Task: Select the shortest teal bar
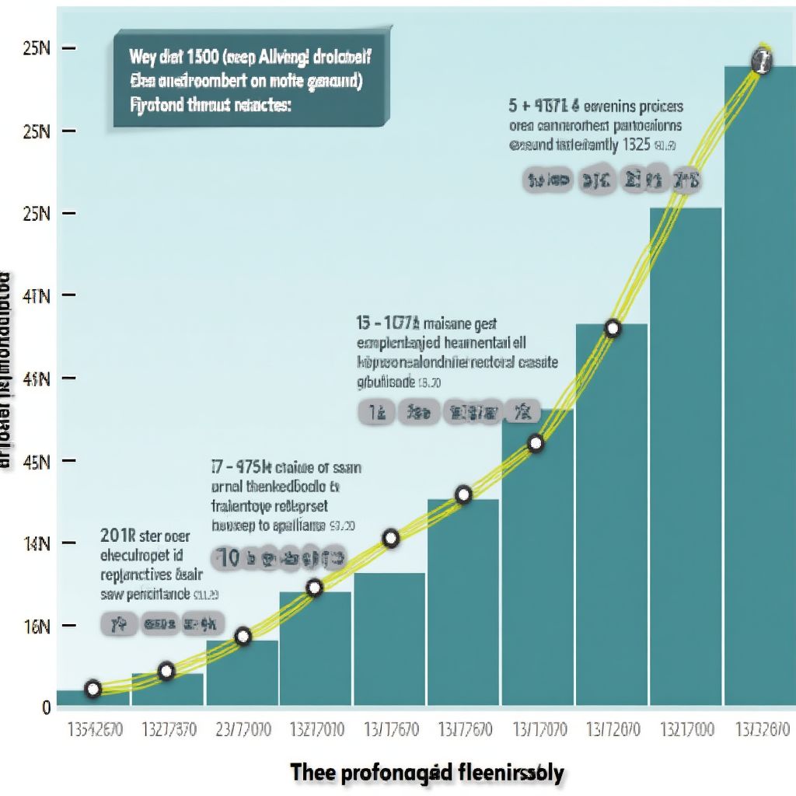[x=93, y=698]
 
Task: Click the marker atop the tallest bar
[x=763, y=62]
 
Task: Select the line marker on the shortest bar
[x=93, y=688]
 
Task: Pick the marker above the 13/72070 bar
[x=613, y=328]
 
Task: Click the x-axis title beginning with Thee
[x=427, y=773]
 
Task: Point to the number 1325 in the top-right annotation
[x=635, y=145]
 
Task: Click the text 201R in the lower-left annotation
[x=119, y=535]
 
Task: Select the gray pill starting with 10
[x=280, y=557]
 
